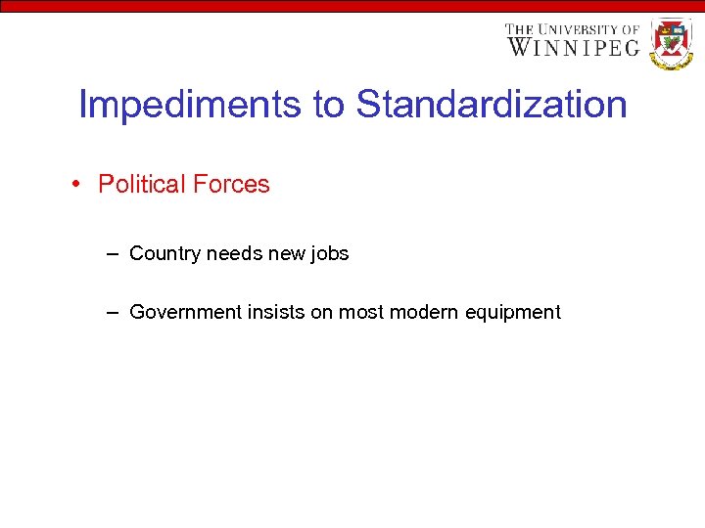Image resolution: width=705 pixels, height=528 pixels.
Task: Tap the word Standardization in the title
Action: click(x=492, y=104)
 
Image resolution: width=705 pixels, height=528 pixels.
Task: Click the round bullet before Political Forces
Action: click(x=76, y=184)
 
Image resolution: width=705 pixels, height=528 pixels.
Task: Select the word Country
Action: click(x=164, y=254)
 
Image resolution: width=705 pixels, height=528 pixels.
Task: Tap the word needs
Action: click(x=236, y=254)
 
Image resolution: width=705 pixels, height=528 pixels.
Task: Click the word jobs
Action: click(x=329, y=254)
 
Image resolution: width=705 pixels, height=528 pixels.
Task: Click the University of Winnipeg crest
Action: click(x=672, y=43)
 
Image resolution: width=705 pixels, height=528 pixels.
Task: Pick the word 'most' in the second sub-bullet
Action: click(x=361, y=313)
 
